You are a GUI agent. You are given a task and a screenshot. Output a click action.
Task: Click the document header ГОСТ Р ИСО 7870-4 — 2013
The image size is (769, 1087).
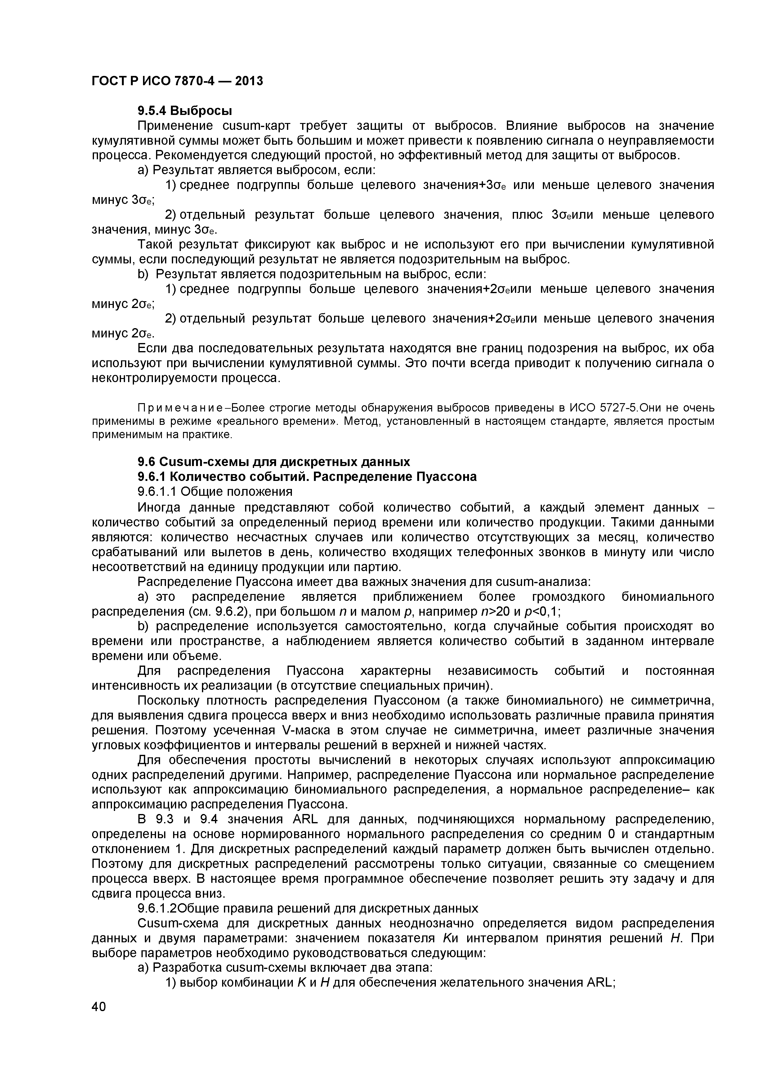tap(177, 81)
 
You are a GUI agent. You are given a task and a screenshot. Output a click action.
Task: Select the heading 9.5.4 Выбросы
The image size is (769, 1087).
tap(185, 111)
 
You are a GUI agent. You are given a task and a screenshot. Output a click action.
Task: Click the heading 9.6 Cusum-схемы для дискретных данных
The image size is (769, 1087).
tap(273, 462)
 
